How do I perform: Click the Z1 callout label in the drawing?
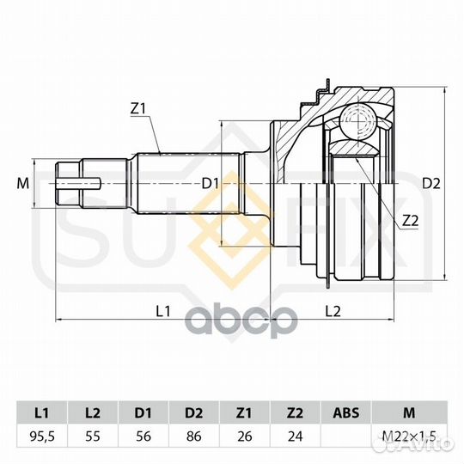coord(137,109)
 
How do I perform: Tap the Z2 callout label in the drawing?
coord(411,221)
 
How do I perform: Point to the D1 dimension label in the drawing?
coord(211,184)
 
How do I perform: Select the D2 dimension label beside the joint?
coord(430,184)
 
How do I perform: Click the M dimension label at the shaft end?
coord(23,184)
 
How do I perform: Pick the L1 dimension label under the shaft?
coord(163,311)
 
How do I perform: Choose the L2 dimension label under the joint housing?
coord(333,311)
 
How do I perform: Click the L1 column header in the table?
coord(42,412)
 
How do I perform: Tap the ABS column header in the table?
coord(346,412)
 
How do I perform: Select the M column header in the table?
coord(409,412)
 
